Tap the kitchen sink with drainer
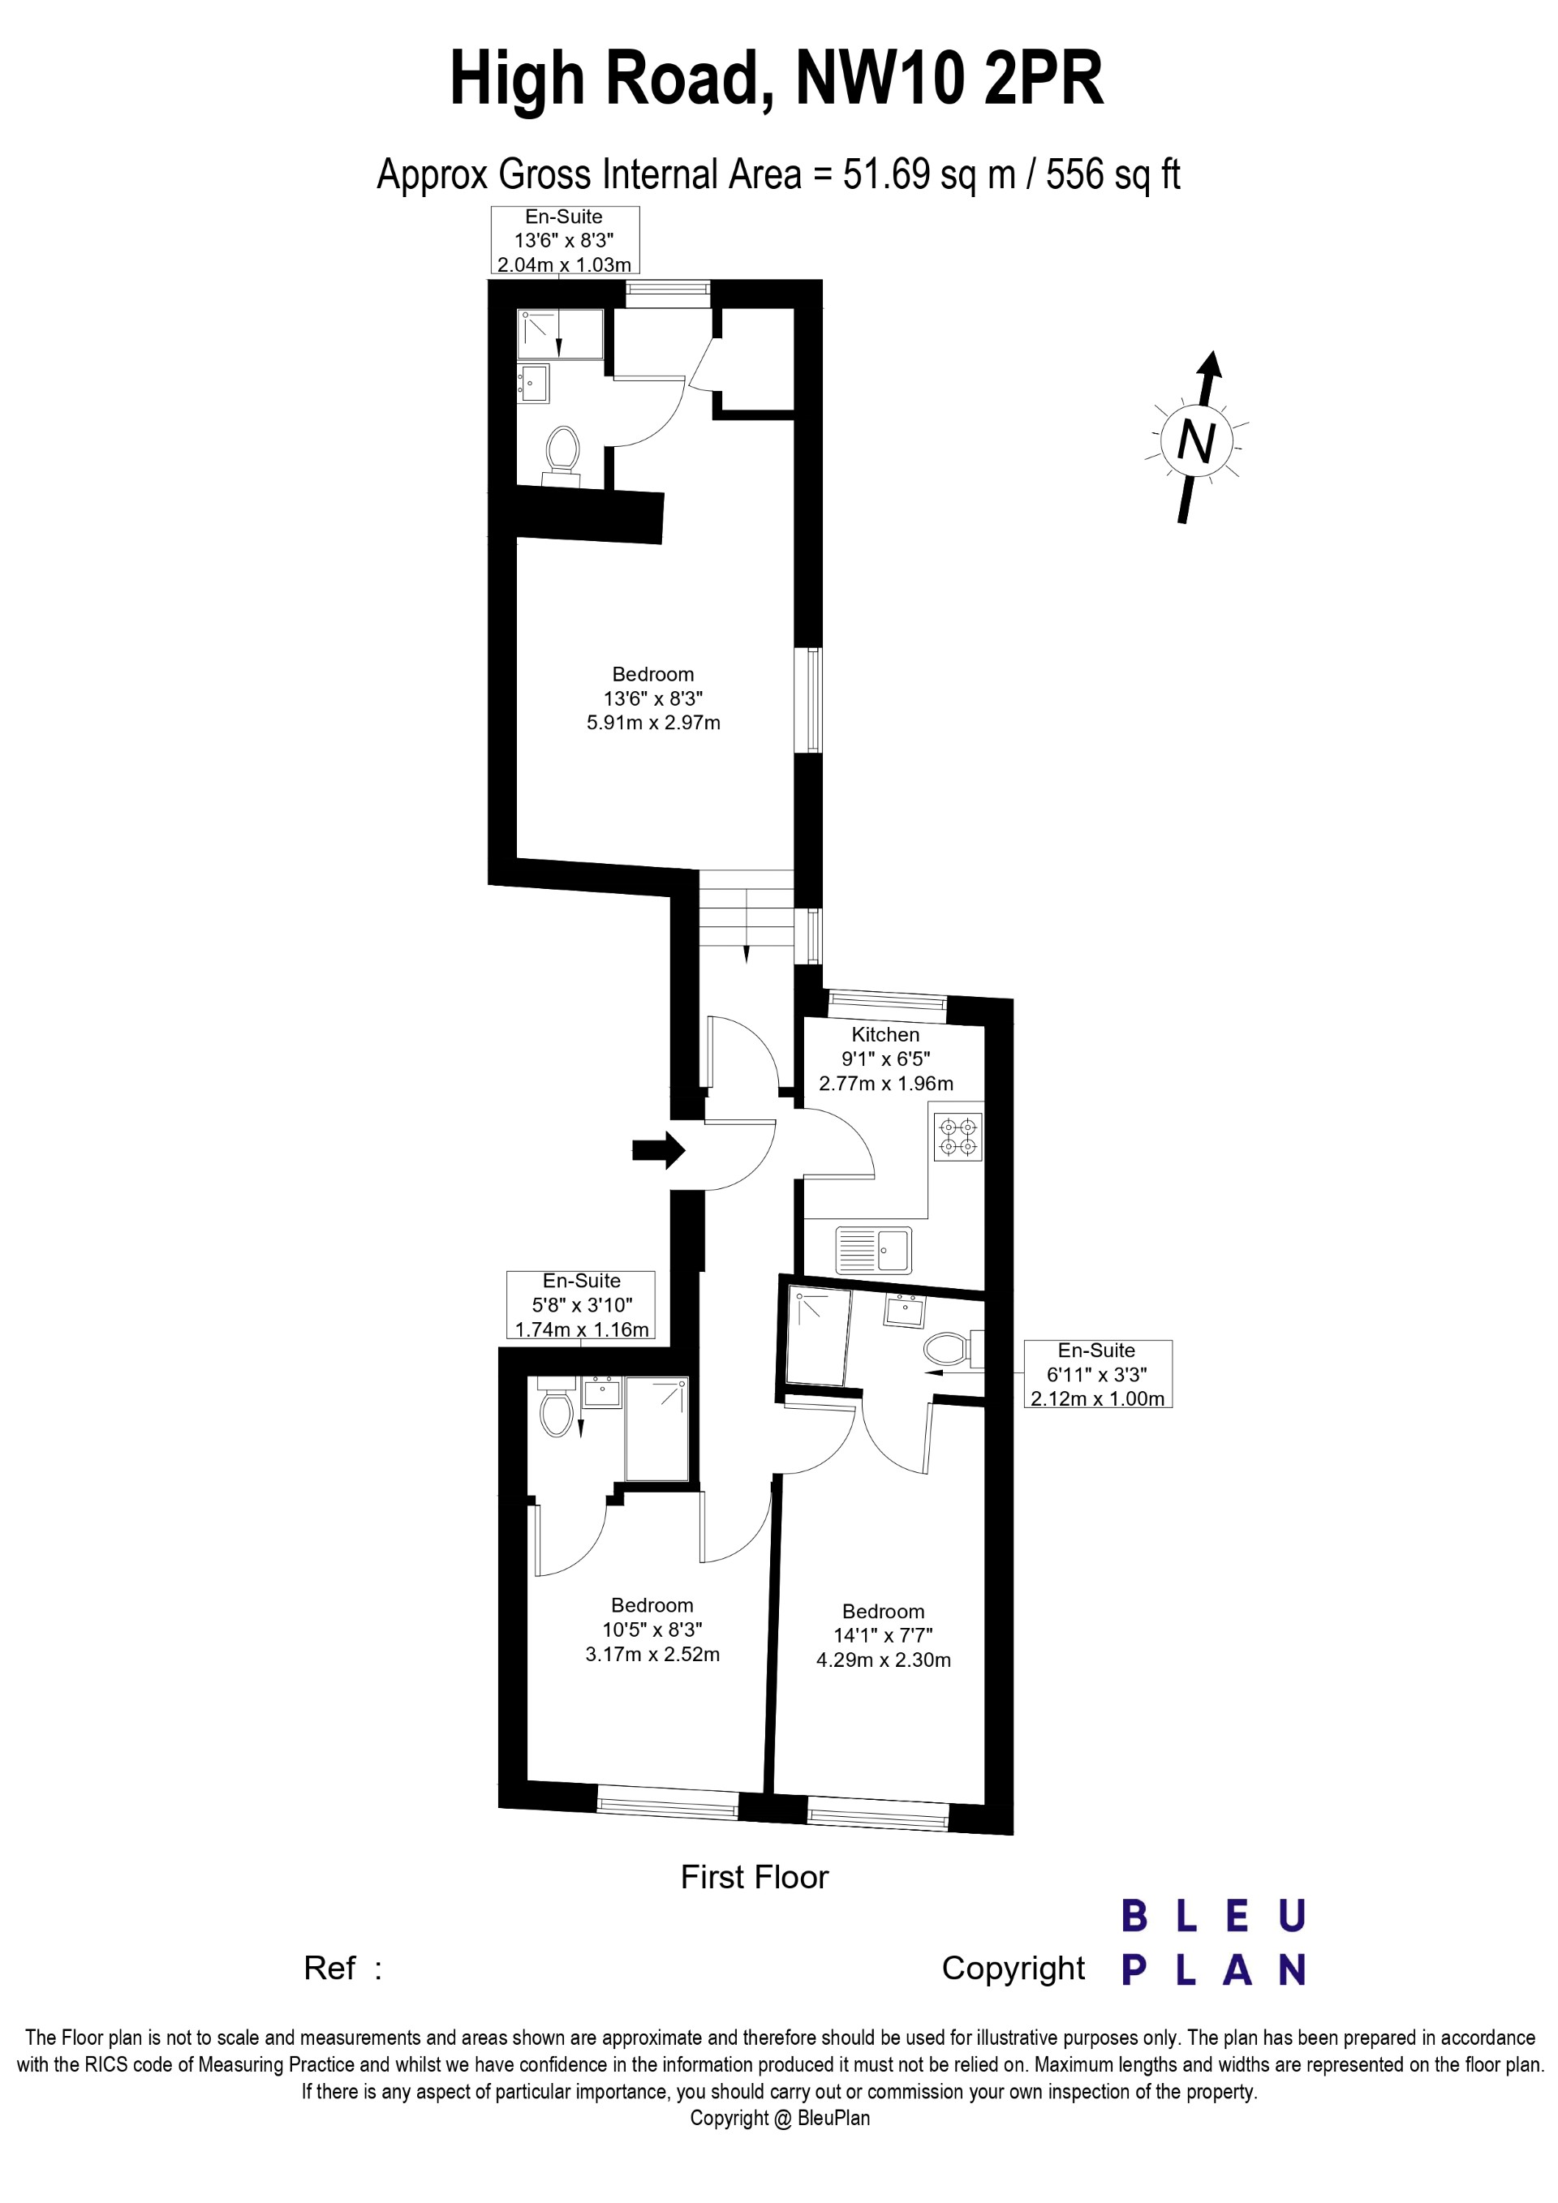[x=874, y=1248]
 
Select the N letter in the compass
[x=1195, y=441]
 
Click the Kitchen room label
[x=885, y=1034]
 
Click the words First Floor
[x=755, y=1877]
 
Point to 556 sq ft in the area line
[x=1113, y=174]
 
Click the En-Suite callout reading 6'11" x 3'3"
[x=1097, y=1374]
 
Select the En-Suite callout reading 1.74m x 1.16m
[x=582, y=1305]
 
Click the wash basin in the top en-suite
[x=534, y=383]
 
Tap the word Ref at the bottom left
[x=330, y=1968]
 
